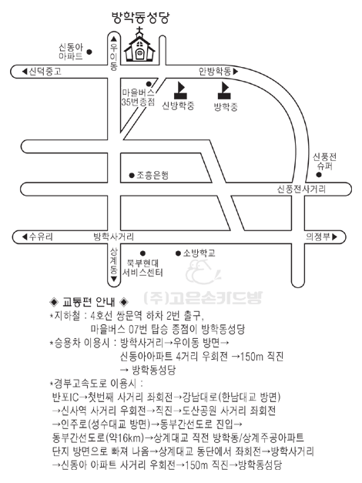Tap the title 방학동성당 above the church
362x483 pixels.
coord(140,18)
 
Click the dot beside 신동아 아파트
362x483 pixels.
coord(89,52)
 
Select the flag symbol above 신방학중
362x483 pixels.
coord(180,90)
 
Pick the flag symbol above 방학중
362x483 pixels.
coord(224,90)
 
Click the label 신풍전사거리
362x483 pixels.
coord(302,189)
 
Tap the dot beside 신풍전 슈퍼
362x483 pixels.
coord(319,175)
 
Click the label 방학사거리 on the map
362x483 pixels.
coord(114,237)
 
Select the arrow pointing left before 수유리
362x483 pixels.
coord(25,237)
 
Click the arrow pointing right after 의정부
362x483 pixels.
coord(334,237)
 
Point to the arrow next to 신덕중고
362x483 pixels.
coord(25,72)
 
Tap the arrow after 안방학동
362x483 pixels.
coord(236,72)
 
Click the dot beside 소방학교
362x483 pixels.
coord(178,253)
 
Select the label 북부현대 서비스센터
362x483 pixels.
coord(142,267)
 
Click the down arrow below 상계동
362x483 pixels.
coord(114,279)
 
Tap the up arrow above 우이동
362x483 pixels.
coord(114,39)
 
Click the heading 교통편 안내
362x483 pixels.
coord(89,302)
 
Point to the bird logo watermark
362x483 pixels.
coord(203,272)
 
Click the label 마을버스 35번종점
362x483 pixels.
coord(139,97)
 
